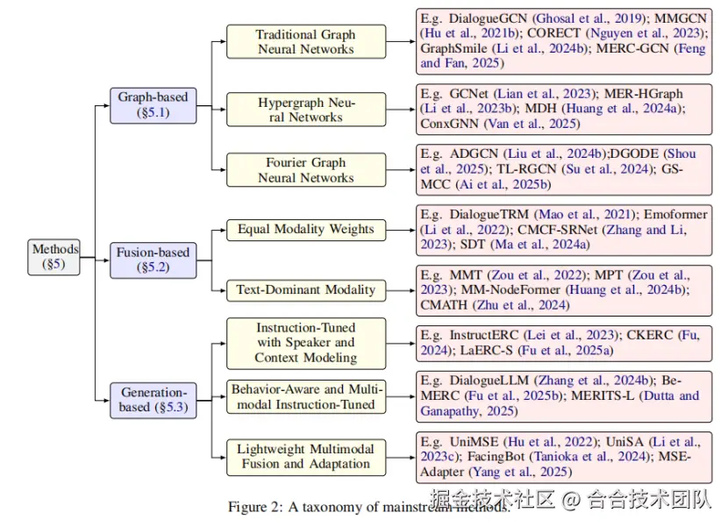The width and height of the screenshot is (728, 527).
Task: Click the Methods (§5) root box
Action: [55, 256]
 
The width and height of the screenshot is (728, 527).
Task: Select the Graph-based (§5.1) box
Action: [153, 105]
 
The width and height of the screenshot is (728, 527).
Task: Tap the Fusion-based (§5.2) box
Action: [153, 260]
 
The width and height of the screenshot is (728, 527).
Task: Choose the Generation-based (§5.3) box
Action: [153, 399]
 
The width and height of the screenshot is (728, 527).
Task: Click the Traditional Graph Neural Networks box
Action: [305, 41]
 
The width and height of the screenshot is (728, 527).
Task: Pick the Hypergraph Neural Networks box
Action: [305, 110]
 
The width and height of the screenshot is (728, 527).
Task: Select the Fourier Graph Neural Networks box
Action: [305, 169]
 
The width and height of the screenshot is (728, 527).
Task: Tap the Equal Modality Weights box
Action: [305, 230]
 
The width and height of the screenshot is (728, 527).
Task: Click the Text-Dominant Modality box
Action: [305, 289]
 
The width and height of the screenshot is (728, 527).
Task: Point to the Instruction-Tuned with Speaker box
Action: [305, 343]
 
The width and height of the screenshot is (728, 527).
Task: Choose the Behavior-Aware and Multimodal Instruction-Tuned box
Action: [305, 396]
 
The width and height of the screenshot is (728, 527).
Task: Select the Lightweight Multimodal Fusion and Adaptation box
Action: [305, 456]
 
